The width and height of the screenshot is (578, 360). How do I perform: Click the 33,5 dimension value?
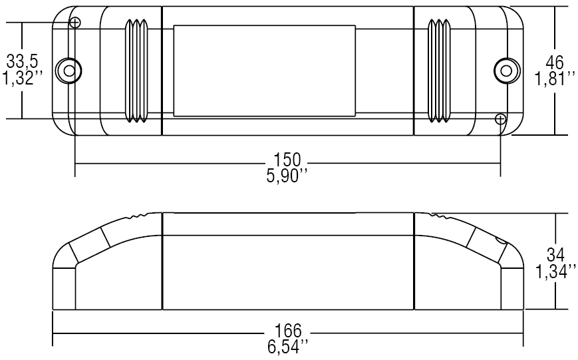22,62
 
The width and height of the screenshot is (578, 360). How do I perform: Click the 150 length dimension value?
287,160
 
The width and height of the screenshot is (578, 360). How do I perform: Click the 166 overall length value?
287,331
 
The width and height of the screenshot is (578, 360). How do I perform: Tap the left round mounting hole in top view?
67,70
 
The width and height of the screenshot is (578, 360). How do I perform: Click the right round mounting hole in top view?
506,70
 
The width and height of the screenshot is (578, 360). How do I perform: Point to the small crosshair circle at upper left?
75,23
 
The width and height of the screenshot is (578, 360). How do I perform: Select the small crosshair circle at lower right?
500,118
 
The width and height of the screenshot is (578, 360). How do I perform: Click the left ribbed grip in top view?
137,71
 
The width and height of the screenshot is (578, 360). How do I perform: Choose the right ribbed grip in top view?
439,71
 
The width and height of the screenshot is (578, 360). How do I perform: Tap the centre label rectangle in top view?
264,71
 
